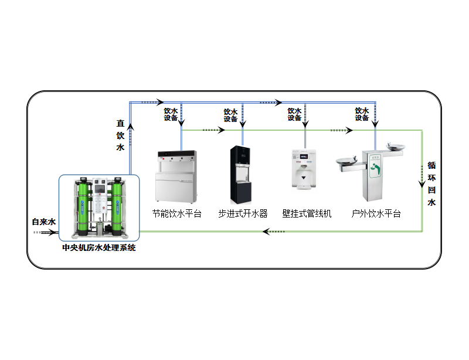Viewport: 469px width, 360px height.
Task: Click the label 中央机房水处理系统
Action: pos(98,248)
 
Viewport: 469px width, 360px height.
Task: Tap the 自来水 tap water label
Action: pos(44,222)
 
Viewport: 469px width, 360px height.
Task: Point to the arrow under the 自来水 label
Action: pos(45,232)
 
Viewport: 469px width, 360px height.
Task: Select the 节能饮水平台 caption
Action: pos(177,213)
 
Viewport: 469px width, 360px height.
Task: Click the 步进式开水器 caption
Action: pos(243,213)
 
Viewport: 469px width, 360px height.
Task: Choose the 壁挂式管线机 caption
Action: pos(307,213)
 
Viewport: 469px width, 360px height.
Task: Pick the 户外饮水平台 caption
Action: pos(376,213)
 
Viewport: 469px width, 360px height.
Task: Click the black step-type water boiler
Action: pos(240,175)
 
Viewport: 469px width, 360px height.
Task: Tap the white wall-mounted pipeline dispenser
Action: pos(304,169)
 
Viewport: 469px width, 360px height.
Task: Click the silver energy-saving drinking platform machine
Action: pos(176,176)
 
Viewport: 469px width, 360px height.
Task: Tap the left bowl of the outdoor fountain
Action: pos(346,162)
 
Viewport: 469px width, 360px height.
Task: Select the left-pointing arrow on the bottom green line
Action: pos(274,232)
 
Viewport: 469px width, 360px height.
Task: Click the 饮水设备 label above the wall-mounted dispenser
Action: pos(294,114)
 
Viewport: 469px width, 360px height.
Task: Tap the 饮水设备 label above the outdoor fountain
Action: pos(362,114)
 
